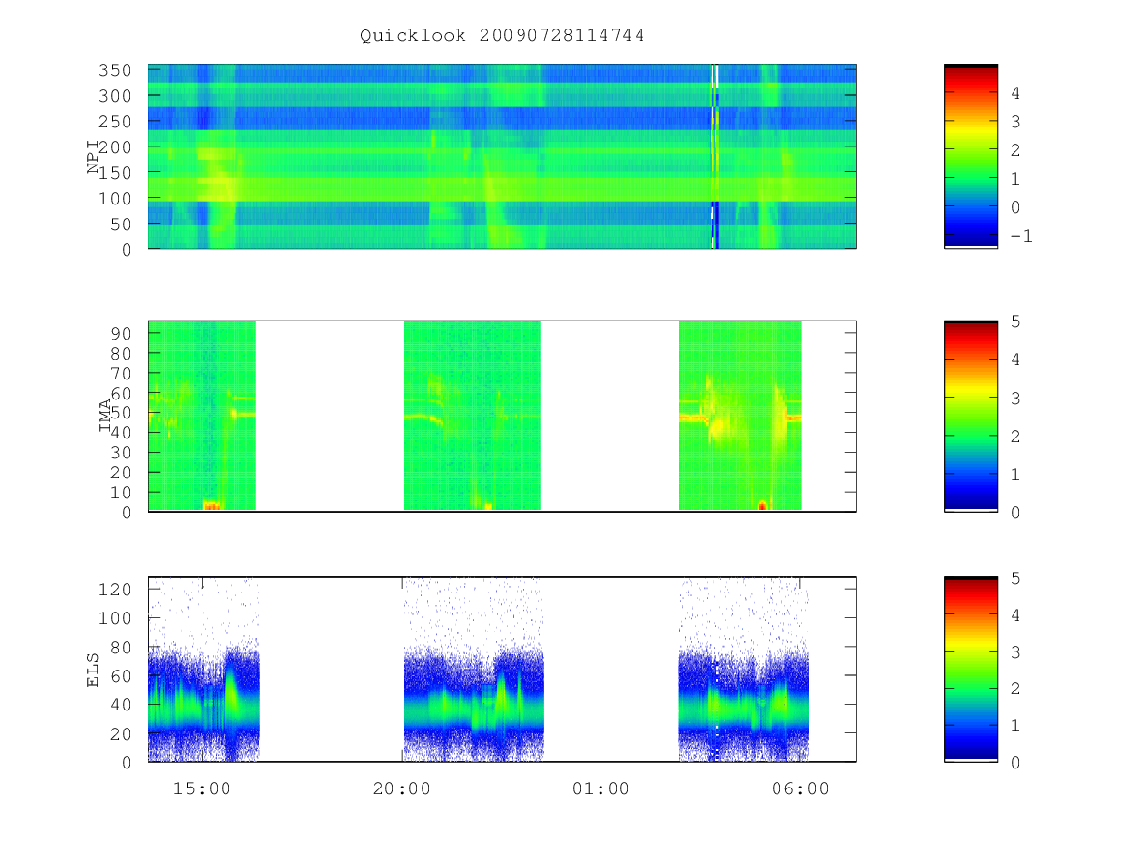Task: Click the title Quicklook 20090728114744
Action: point(502,35)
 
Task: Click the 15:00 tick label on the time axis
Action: point(202,788)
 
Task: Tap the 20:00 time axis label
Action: point(402,788)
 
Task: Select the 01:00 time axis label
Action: point(601,788)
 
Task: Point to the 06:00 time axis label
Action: point(800,788)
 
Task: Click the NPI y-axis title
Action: point(92,156)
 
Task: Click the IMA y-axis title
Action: point(105,416)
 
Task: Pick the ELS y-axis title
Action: point(92,670)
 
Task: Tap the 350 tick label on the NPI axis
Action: point(115,70)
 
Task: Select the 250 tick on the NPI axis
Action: point(115,122)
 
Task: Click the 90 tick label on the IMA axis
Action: point(121,334)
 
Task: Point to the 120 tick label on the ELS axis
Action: point(115,590)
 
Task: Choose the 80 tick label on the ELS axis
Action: point(121,648)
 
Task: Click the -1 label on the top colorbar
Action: point(1021,236)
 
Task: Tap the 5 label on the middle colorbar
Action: point(1015,321)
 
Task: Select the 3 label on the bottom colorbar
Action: point(1015,652)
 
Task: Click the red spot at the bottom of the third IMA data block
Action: point(762,505)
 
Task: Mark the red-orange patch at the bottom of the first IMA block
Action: point(211,505)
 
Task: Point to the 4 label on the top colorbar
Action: point(1015,93)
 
